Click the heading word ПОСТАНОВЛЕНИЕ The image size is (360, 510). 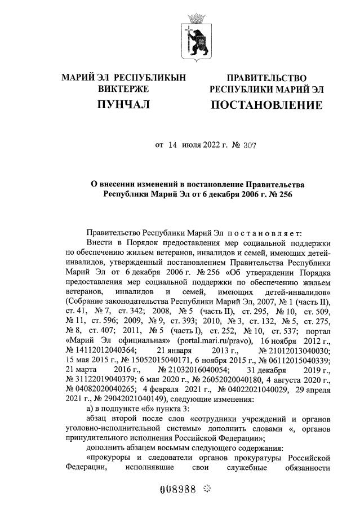click(x=266, y=105)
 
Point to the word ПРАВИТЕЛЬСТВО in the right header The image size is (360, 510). click(x=266, y=78)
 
